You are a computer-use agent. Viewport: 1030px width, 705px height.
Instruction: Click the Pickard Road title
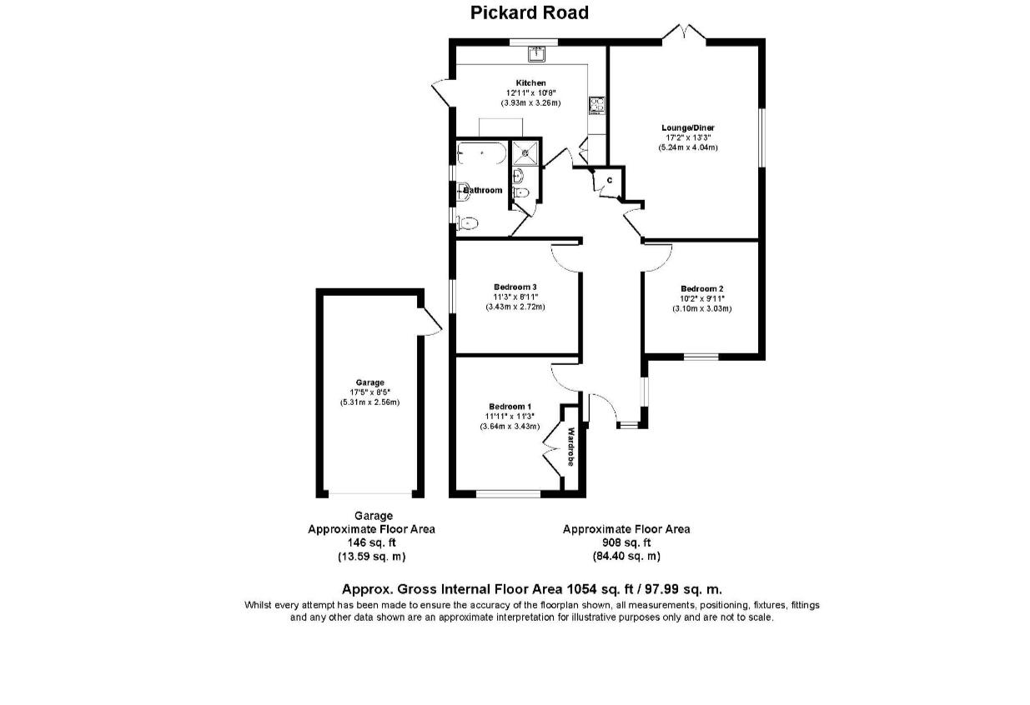tap(529, 12)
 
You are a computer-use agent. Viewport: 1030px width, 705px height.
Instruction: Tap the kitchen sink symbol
tap(535, 55)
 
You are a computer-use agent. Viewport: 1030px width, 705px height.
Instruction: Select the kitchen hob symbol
tap(598, 105)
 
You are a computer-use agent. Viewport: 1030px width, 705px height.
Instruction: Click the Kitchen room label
tap(530, 83)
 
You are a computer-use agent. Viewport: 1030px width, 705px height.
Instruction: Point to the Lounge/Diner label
tap(688, 127)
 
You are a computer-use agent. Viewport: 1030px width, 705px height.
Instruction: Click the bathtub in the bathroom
tap(480, 154)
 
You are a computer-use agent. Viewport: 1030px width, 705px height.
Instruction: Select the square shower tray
tap(525, 152)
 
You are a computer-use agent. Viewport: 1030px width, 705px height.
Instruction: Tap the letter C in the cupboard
tap(609, 180)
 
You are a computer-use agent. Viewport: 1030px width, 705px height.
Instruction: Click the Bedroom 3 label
tap(515, 287)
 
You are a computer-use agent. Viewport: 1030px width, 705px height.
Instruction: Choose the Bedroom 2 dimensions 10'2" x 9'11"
tap(701, 299)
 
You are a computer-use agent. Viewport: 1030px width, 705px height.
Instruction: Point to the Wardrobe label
tap(571, 447)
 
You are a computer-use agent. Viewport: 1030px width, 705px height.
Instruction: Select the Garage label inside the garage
tap(369, 382)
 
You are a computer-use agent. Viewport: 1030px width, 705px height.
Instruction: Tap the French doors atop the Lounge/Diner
tap(684, 33)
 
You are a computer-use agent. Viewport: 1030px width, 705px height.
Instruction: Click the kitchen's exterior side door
tap(442, 92)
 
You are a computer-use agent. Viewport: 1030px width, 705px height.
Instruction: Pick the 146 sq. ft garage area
tap(371, 542)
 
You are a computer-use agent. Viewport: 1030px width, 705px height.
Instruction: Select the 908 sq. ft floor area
tap(626, 542)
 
